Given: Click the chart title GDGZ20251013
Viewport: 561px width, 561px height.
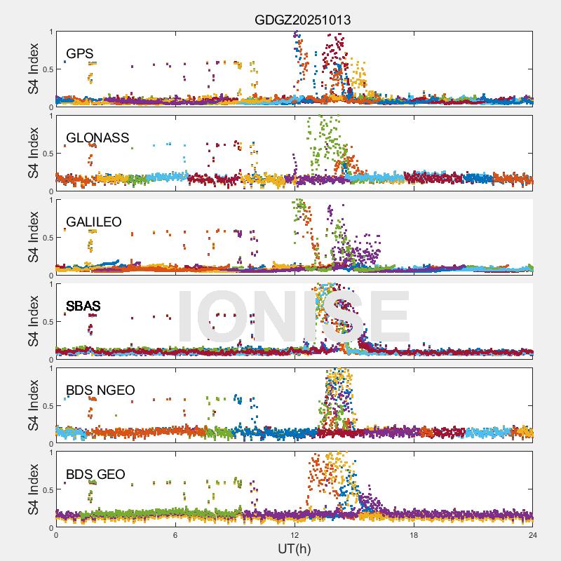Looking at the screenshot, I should click(302, 20).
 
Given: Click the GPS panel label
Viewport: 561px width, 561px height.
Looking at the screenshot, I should click(80, 53).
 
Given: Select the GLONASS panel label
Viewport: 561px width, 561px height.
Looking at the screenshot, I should click(97, 137).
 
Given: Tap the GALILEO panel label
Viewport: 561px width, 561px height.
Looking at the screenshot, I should click(94, 222).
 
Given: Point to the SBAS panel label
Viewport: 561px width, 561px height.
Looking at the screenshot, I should click(83, 306).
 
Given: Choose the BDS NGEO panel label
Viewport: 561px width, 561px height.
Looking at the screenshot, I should click(100, 390).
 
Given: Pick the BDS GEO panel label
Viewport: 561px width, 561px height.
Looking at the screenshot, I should click(95, 474).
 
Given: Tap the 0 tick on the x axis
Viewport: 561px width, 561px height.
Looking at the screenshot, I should click(56, 535).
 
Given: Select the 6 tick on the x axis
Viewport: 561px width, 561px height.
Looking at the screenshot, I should click(175, 535).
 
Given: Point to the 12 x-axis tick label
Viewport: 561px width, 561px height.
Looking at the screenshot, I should click(295, 535).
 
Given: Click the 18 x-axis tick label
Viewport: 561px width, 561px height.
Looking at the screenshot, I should click(414, 535).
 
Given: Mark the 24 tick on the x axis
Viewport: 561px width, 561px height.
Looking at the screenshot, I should click(533, 535).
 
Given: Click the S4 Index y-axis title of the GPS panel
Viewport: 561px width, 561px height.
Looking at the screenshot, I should click(34, 69).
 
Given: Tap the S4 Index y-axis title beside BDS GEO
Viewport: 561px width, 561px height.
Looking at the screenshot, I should click(34, 489).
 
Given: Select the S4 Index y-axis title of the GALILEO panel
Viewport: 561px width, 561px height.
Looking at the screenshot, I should click(34, 237).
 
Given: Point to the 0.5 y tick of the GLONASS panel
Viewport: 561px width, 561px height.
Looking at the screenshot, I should click(46, 154).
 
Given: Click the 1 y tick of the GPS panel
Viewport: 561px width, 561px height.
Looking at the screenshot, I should click(50, 32).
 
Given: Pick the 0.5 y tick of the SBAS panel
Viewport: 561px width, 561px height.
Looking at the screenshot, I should click(46, 322).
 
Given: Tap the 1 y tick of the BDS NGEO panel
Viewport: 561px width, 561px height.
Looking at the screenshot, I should click(50, 368).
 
